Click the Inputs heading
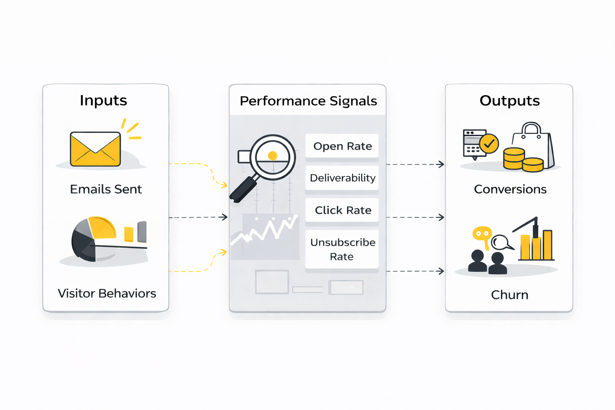point(103,100)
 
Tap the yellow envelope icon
point(95,149)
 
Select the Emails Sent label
point(106,189)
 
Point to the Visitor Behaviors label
point(107,293)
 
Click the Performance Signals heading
point(308,101)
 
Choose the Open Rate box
point(342,146)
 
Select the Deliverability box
point(342,178)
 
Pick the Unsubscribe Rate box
point(342,249)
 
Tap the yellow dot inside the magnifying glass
point(273,156)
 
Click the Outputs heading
point(509,101)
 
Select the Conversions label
point(510,189)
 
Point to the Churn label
point(509,295)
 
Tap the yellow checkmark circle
point(489,143)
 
